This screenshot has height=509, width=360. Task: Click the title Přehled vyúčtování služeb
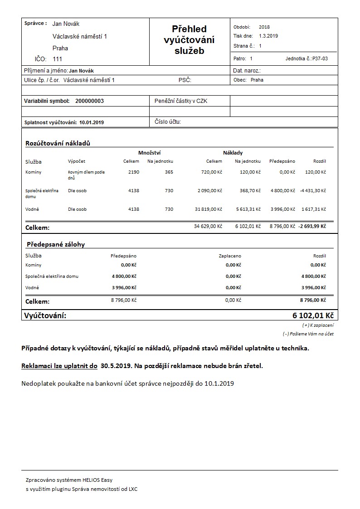pyautogui.click(x=189, y=40)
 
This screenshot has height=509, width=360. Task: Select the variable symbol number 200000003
pyautogui.click(x=89, y=101)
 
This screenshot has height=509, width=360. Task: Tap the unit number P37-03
pyautogui.click(x=320, y=59)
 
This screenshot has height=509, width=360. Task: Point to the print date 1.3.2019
pyautogui.click(x=268, y=36)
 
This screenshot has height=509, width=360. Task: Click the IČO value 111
pyautogui.click(x=58, y=59)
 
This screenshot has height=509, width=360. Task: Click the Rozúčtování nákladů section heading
pyautogui.click(x=58, y=144)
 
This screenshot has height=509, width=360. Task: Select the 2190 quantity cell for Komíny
pyautogui.click(x=134, y=172)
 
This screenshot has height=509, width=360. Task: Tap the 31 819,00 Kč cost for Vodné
pyautogui.click(x=208, y=209)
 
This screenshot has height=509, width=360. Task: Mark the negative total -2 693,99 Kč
pyautogui.click(x=312, y=226)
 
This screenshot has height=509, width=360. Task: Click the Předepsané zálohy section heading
pyautogui.click(x=55, y=244)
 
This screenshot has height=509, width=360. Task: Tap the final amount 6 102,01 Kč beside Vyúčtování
pyautogui.click(x=313, y=315)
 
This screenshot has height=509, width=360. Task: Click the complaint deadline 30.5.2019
pyautogui.click(x=116, y=366)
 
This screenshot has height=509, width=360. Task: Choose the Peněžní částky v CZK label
pyautogui.click(x=181, y=101)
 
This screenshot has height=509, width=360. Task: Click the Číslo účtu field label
pyautogui.click(x=168, y=122)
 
